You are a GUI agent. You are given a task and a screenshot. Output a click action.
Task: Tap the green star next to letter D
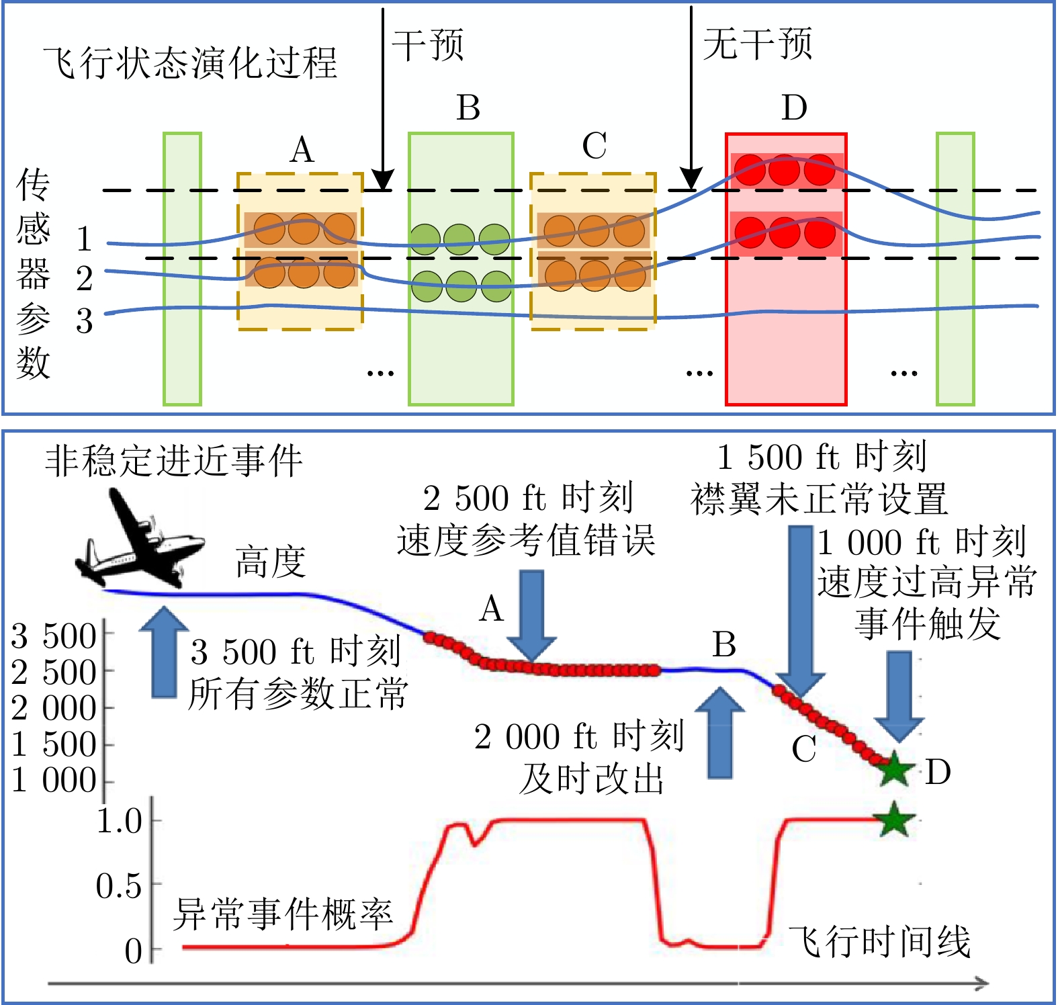click(x=894, y=770)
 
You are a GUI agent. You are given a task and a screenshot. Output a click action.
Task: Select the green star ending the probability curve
click(x=894, y=819)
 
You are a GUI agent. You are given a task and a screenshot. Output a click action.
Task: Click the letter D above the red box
click(x=794, y=107)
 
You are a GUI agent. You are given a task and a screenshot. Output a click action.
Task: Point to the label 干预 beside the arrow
click(x=428, y=46)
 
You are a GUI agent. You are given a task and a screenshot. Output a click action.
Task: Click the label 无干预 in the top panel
click(x=757, y=44)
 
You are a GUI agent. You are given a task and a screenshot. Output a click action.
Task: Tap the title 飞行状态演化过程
click(x=190, y=63)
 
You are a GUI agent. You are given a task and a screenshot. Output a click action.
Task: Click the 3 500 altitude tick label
click(x=54, y=636)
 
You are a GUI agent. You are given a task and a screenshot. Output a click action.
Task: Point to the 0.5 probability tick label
click(x=119, y=886)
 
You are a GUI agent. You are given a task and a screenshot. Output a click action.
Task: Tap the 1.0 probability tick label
click(x=120, y=821)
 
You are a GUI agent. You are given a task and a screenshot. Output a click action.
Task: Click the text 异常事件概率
click(x=283, y=914)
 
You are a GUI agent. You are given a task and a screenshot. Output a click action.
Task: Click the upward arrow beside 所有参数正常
click(x=164, y=652)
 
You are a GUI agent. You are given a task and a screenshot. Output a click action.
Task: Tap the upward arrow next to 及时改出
click(x=720, y=732)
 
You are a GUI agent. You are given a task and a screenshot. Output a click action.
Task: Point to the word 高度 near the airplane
click(x=271, y=562)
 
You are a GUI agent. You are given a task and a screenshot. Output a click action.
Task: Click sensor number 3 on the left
click(x=84, y=321)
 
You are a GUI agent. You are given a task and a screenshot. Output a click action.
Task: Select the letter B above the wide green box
click(x=468, y=107)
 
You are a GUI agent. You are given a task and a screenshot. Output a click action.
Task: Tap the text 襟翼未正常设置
click(x=819, y=499)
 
